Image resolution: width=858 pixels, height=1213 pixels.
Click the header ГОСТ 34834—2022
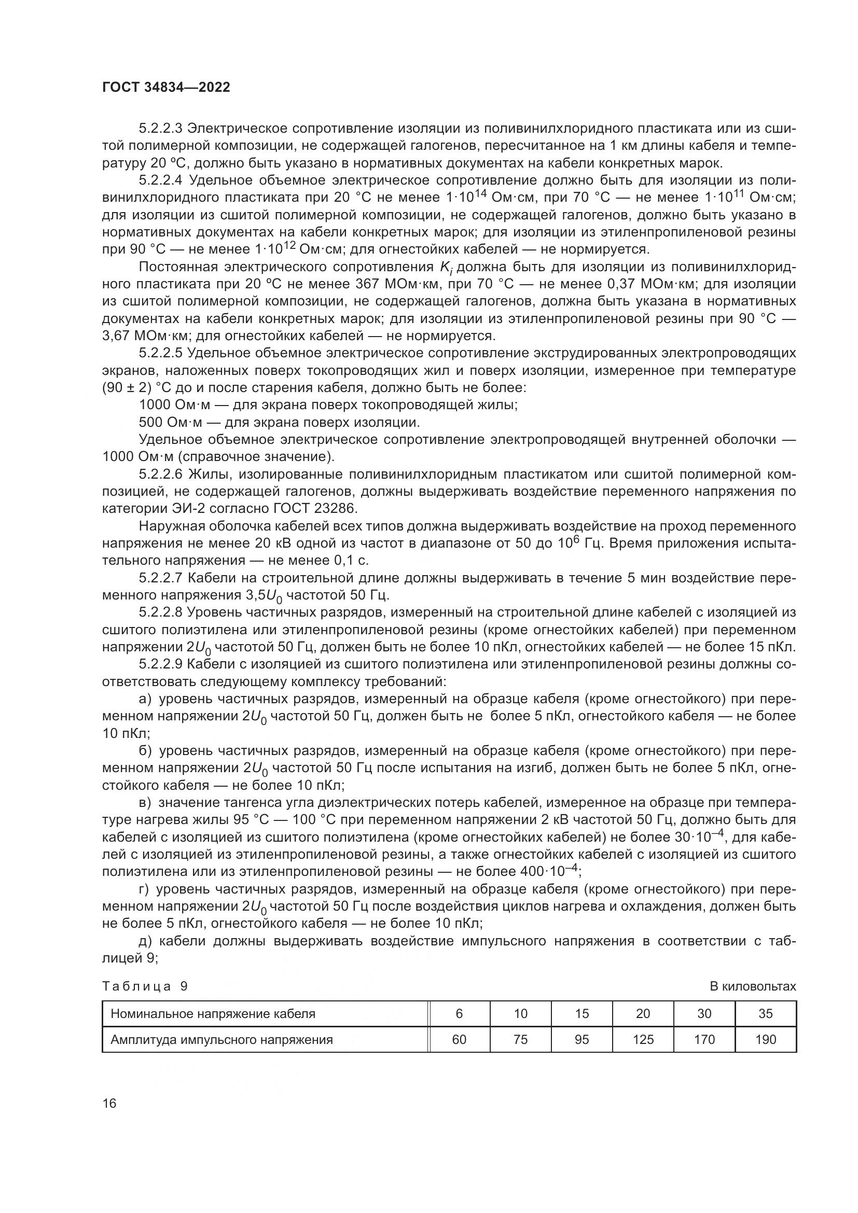tap(166, 88)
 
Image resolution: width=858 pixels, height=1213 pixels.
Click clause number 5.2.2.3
tap(161, 128)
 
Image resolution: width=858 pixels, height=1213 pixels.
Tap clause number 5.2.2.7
tap(161, 578)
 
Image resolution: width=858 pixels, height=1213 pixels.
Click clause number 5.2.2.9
tap(161, 664)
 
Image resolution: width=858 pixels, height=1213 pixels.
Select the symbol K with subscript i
tap(446, 268)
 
